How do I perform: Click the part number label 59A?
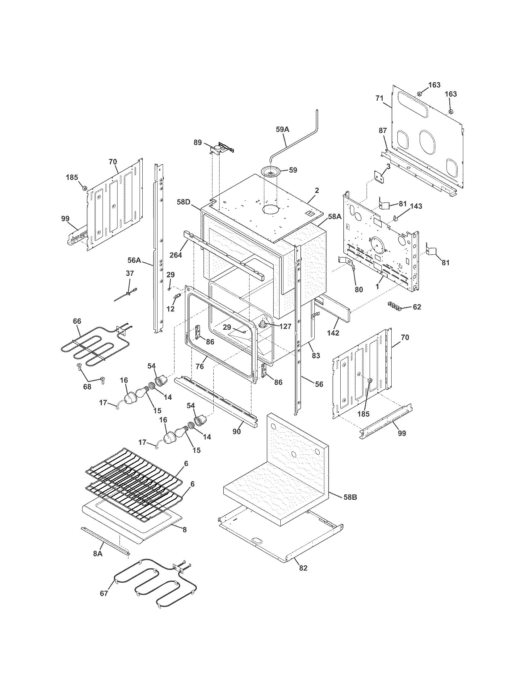coord(282,129)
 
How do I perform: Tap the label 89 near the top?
coord(198,143)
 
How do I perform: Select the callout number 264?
coord(176,255)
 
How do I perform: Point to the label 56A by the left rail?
coord(134,260)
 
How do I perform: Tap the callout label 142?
coord(333,333)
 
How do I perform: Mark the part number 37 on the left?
coord(130,273)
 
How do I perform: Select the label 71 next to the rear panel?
coord(379,98)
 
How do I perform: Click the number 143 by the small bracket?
coord(416,206)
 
